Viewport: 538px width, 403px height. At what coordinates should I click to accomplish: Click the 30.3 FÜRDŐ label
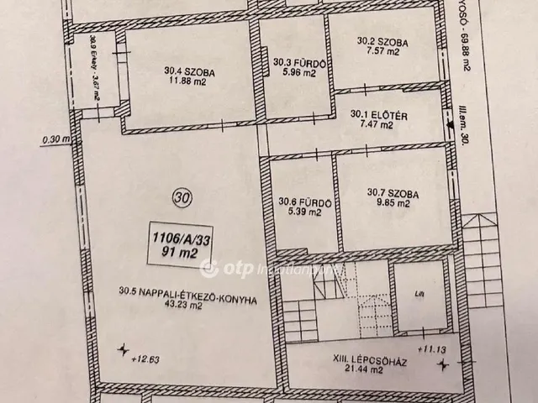tap(294, 61)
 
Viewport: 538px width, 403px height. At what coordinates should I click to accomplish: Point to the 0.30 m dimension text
tap(50, 140)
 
